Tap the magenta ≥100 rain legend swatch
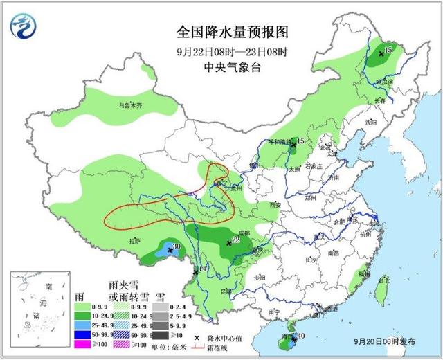point(82,344)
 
